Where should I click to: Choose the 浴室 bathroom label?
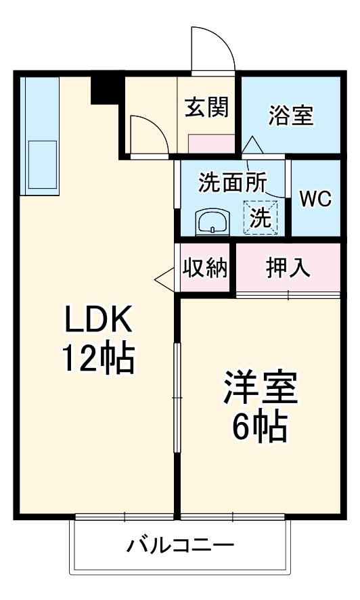[290, 115]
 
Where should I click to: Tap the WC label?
[315, 199]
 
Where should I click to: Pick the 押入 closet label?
[288, 268]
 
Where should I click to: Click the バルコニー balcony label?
[181, 545]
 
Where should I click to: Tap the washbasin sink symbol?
[212, 221]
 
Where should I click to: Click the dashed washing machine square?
[261, 218]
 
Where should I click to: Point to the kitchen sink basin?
[41, 164]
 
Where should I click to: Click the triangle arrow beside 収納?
[164, 278]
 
